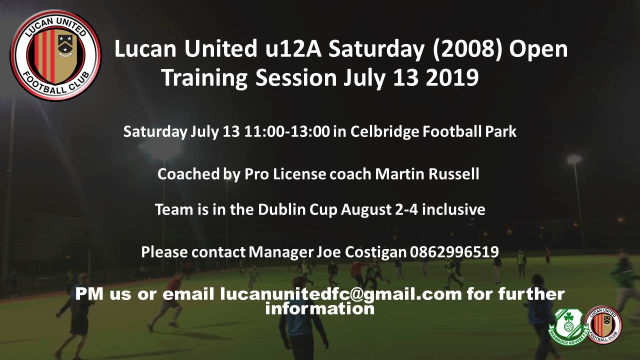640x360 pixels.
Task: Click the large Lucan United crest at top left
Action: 55,55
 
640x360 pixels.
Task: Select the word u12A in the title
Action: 293,48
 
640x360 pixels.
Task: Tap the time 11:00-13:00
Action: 287,131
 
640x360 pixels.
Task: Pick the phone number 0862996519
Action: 454,252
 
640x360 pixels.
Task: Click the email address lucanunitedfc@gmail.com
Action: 341,294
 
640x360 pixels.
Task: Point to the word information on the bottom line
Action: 319,308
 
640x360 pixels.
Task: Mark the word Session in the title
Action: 296,77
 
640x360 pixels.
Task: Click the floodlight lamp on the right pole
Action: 574,159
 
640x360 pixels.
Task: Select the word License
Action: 299,174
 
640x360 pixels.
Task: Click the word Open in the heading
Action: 538,49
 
